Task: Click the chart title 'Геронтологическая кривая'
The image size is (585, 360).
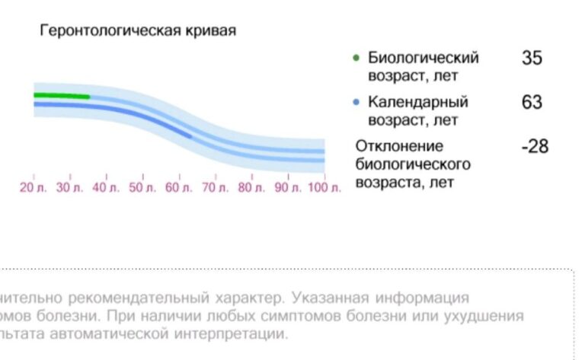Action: point(138,31)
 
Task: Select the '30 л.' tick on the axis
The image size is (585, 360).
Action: point(69,188)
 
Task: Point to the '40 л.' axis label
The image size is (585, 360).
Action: point(105,188)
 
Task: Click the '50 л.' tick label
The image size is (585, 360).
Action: point(142,188)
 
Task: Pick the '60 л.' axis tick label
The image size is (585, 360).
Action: point(178,188)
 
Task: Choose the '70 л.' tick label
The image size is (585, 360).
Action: point(215,188)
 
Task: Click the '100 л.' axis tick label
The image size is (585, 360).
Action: point(324,188)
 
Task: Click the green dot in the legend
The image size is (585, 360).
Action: point(356,58)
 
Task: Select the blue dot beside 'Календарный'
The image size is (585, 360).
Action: point(356,102)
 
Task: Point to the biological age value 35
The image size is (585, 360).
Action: point(532,58)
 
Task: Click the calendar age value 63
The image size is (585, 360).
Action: point(532,102)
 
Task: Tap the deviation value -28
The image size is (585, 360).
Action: point(534,146)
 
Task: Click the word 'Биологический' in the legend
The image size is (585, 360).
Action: point(424,58)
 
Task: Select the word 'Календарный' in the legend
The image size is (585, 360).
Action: point(418,102)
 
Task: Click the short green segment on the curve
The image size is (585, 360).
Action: point(61,96)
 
